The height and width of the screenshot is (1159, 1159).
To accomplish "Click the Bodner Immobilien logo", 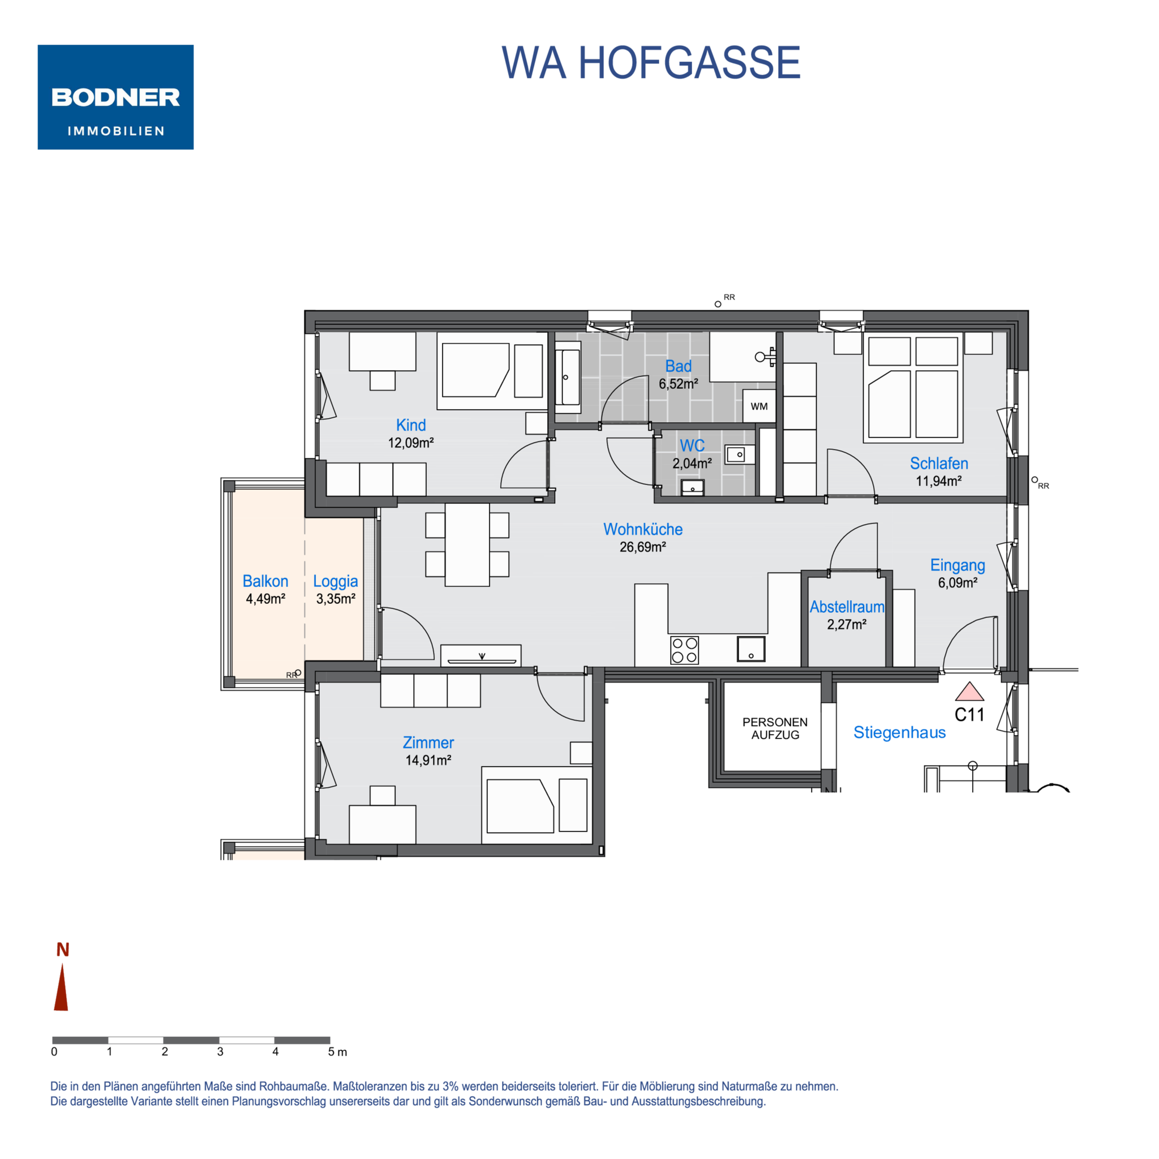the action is tap(115, 97).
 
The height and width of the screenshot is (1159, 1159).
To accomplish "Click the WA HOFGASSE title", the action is tap(651, 62).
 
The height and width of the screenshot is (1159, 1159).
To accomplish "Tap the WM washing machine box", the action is tap(759, 406).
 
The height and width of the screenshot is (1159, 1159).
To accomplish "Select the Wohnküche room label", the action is tap(642, 529).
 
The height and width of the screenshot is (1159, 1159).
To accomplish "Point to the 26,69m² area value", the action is tap(642, 547).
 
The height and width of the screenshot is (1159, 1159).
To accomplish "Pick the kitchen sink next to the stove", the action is tap(751, 649).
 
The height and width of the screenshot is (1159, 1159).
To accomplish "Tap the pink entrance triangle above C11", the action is tap(969, 692).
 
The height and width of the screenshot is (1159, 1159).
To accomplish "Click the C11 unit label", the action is tap(969, 715).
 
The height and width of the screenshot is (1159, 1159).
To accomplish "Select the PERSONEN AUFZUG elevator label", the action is tap(775, 728).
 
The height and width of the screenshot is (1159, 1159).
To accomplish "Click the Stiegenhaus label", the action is tap(899, 732).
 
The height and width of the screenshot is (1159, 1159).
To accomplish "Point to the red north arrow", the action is tap(61, 987).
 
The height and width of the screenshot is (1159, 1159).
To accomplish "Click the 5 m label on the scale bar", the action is tap(337, 1052).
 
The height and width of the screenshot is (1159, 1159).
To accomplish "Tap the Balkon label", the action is tap(265, 581).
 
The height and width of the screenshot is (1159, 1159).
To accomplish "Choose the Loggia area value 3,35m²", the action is tap(336, 599).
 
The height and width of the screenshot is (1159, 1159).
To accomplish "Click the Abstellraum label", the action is tap(847, 607).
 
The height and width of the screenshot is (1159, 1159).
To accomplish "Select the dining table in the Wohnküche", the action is tap(467, 545).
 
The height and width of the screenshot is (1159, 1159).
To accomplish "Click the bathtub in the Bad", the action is tap(568, 377).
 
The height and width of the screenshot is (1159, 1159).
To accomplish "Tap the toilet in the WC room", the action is tap(692, 487).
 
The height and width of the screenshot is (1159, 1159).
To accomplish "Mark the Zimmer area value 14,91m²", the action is tap(428, 761).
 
